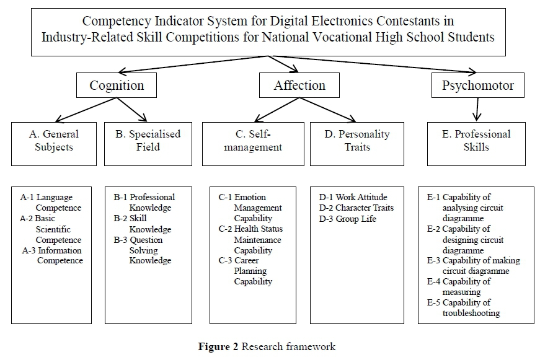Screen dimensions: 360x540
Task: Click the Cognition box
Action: click(x=117, y=86)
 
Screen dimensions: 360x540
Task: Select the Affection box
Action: click(x=299, y=86)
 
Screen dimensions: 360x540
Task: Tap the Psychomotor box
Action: click(x=477, y=86)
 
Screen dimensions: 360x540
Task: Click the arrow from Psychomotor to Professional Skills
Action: click(x=477, y=109)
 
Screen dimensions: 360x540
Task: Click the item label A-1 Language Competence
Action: click(x=51, y=203)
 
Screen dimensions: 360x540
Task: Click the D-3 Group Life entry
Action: click(x=347, y=218)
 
